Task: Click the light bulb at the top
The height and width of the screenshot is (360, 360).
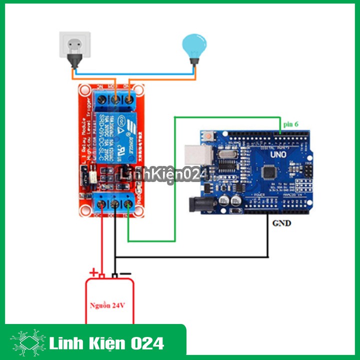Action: click(193, 46)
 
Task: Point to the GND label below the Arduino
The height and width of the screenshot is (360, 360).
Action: click(281, 223)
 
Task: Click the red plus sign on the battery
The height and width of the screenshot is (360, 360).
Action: click(92, 272)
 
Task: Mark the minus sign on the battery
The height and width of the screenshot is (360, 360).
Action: click(126, 273)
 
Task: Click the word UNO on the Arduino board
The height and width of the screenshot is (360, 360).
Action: click(278, 154)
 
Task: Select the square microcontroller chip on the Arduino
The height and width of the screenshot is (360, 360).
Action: click(270, 172)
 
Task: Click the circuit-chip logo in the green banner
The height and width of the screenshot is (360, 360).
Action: click(28, 343)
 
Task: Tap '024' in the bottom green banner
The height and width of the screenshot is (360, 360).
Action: click(149, 343)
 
